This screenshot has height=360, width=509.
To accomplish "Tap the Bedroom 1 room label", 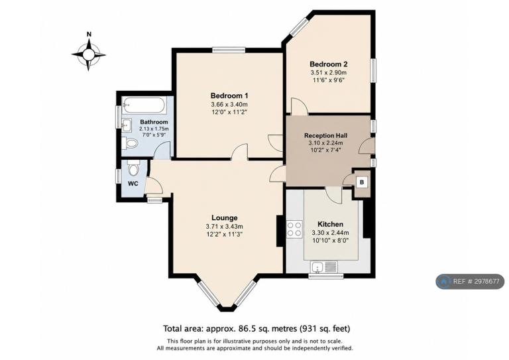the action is [229, 95].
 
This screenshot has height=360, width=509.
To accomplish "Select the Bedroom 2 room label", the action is [329, 64].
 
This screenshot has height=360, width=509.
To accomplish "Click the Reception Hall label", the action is [325, 135].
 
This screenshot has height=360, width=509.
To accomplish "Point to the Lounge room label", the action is [224, 218].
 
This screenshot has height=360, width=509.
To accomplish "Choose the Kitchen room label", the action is [330, 224].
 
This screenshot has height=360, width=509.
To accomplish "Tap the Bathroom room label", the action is [154, 122].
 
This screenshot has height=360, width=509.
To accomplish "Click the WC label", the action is [133, 184].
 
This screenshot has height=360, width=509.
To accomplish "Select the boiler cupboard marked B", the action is [362, 182].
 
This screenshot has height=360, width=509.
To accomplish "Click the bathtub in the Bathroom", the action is [144, 105].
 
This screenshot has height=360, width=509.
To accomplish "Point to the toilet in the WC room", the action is [133, 168].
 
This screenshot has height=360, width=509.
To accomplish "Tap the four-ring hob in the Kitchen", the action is [294, 229].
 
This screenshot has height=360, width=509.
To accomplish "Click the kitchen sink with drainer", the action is [323, 267].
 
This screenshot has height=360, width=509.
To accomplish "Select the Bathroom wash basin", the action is [127, 125].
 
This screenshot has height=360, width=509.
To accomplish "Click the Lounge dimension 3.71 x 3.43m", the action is [224, 227].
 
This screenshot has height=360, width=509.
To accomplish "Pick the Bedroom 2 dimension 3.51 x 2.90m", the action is [328, 73].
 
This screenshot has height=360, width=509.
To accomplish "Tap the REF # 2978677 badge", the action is [470, 282].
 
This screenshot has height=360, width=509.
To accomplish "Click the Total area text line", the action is [256, 329].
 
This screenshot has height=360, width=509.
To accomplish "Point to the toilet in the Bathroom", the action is [129, 143].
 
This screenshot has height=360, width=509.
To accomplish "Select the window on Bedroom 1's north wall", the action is [229, 50].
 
